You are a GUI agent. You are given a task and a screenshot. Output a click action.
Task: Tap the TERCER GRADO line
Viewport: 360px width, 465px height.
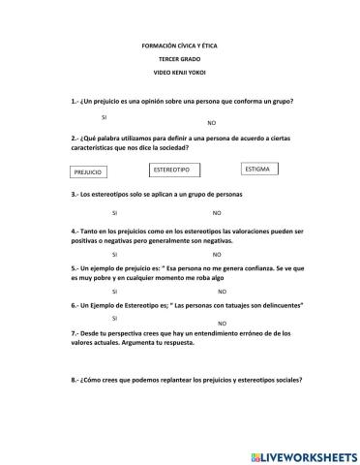point(180,60)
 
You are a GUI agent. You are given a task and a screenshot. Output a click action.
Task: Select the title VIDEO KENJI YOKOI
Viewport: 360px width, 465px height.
point(180,74)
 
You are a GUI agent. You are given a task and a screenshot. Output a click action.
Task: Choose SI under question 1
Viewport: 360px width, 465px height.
point(104,116)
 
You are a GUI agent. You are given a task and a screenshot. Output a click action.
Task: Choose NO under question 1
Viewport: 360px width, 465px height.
point(212,123)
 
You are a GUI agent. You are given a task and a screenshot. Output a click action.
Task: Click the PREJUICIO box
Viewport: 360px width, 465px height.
point(88,172)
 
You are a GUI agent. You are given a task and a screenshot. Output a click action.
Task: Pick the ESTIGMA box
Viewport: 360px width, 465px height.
point(258,169)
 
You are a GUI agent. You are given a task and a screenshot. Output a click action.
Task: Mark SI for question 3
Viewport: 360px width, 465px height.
point(115,212)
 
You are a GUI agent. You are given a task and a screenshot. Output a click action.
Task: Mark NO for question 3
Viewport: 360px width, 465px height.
point(217,212)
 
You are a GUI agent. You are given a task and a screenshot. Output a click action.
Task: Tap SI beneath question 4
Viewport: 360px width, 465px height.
point(115,254)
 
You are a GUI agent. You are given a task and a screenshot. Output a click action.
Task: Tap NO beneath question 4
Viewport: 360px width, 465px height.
point(217,254)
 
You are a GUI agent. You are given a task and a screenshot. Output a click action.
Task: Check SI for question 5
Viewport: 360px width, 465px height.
point(115,291)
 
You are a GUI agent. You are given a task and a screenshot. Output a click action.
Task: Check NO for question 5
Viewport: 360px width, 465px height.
point(222,291)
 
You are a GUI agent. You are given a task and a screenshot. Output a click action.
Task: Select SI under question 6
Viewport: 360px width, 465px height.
point(114,318)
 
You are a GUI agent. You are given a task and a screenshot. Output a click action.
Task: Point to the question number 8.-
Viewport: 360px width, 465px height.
point(76,380)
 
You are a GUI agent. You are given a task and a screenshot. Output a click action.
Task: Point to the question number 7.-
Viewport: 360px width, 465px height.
point(76,332)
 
